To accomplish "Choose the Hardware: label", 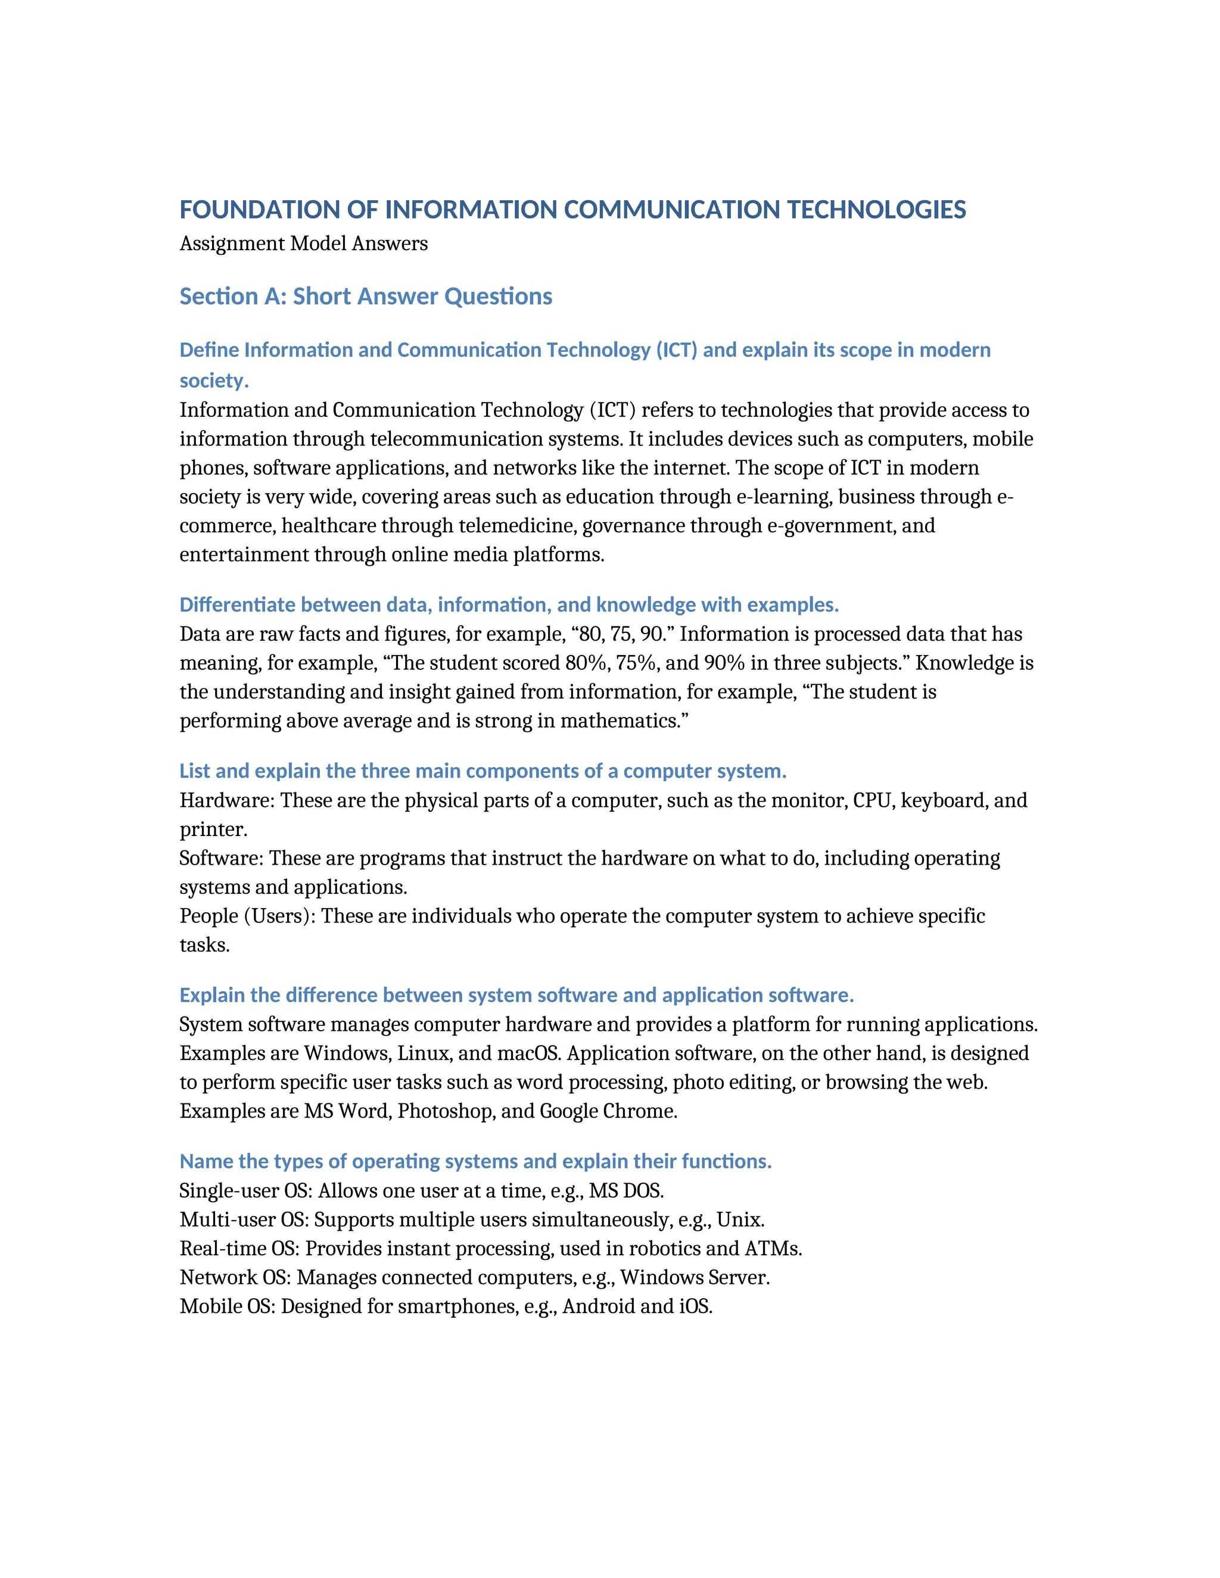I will tap(226, 800).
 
